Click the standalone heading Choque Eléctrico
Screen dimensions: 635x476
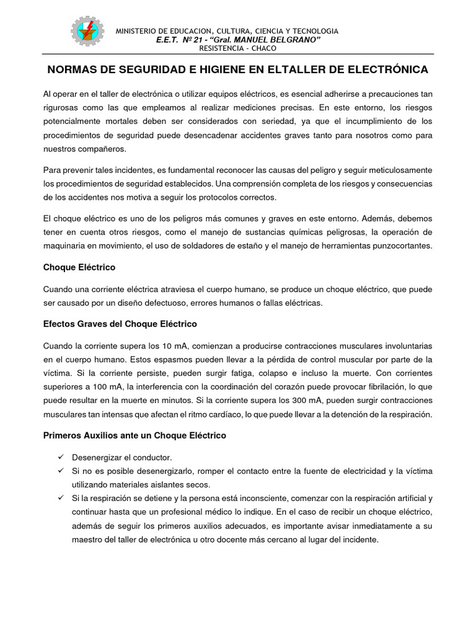(79, 267)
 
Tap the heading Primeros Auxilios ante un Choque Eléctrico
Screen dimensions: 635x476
(134, 435)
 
